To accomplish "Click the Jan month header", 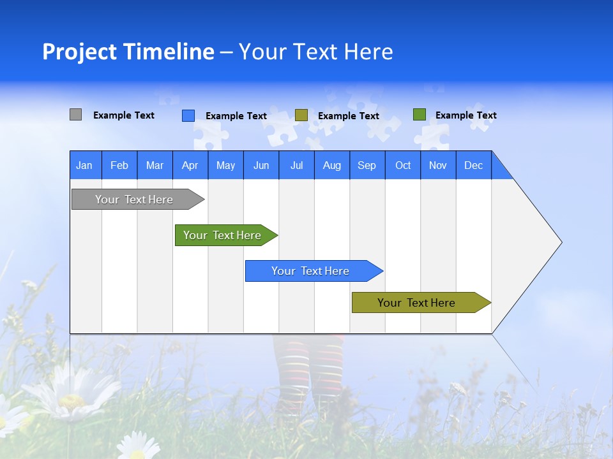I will [x=84, y=165].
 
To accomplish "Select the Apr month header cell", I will [x=190, y=165].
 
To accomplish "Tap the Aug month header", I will [x=331, y=165].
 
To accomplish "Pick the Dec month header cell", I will [x=473, y=165].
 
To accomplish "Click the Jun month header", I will [x=261, y=165].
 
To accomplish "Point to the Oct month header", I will [x=402, y=165].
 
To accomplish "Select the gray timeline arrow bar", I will [x=134, y=200].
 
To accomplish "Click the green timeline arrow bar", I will [x=222, y=235].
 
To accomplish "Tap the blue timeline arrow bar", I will [x=310, y=271].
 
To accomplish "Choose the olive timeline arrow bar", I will [x=416, y=303].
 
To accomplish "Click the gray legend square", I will [x=75, y=115].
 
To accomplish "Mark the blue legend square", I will [x=188, y=115].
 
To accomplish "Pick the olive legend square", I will [x=301, y=115].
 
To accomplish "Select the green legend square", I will [x=419, y=115].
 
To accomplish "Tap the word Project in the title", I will [x=80, y=52].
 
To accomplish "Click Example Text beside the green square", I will [x=465, y=115].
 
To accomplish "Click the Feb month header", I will [x=119, y=165].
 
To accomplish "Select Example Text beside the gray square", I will [x=123, y=115].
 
